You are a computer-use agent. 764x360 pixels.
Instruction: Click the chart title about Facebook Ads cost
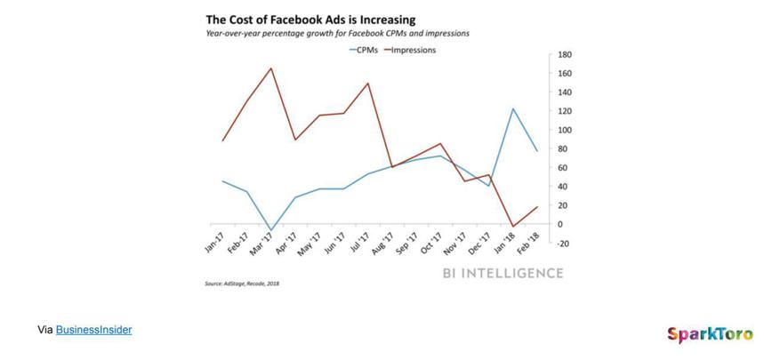pos(310,19)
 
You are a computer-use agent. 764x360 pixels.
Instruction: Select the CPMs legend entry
pos(363,50)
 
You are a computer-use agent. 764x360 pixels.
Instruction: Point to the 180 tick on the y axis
pos(564,54)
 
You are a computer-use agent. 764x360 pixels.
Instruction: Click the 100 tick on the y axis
pos(564,130)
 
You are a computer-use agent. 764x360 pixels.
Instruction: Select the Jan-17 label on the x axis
pos(214,244)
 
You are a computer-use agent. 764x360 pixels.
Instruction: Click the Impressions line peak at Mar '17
pos(271,68)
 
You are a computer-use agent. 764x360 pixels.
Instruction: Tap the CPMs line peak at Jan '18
pos(513,108)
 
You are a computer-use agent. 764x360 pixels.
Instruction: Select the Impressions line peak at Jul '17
pos(368,84)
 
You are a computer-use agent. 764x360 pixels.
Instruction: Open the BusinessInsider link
pos(93,330)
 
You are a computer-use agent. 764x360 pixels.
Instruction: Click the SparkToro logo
pos(710,334)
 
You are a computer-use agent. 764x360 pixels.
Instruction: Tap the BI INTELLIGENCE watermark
pos(503,273)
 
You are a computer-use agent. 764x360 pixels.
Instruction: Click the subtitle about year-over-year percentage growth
pos(337,33)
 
